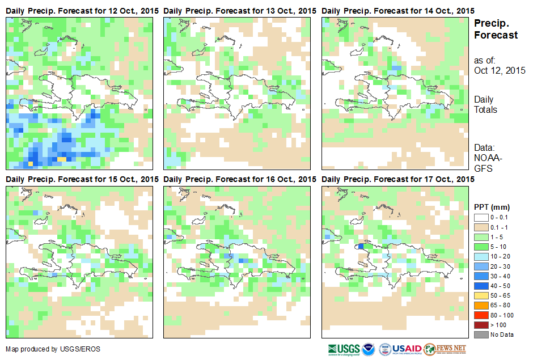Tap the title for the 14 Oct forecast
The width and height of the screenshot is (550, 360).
pos(397,11)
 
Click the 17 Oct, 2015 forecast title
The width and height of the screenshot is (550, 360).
pos(397,179)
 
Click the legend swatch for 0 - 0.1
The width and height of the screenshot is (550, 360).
pos(481,217)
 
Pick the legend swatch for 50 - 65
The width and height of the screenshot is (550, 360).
pos(481,295)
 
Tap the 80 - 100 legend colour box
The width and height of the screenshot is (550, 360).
pos(481,315)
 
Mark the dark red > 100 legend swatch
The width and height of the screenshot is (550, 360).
pos(481,324)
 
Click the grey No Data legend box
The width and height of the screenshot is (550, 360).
pos(481,334)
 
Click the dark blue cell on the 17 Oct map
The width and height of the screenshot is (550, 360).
pos(361,246)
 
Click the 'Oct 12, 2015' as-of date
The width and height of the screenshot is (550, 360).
pos(500,71)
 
